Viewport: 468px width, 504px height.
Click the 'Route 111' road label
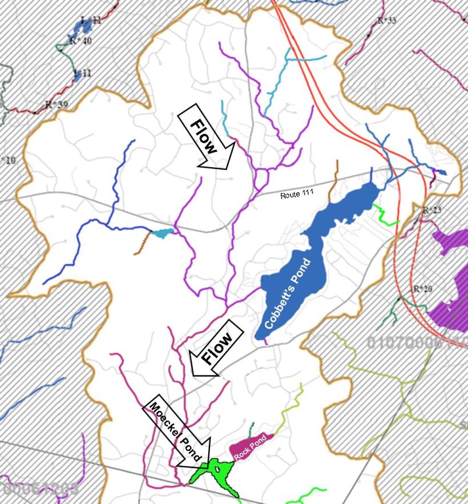(x=296, y=195)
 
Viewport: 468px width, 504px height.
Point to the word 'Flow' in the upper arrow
(x=204, y=137)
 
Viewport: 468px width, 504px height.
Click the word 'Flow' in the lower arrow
(x=217, y=348)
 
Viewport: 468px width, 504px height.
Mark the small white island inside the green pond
(x=217, y=470)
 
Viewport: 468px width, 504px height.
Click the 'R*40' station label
(x=80, y=41)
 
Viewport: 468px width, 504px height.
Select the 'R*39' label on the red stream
(x=56, y=105)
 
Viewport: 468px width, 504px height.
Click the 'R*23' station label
(x=431, y=211)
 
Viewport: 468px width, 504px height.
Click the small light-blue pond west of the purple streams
(x=163, y=233)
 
